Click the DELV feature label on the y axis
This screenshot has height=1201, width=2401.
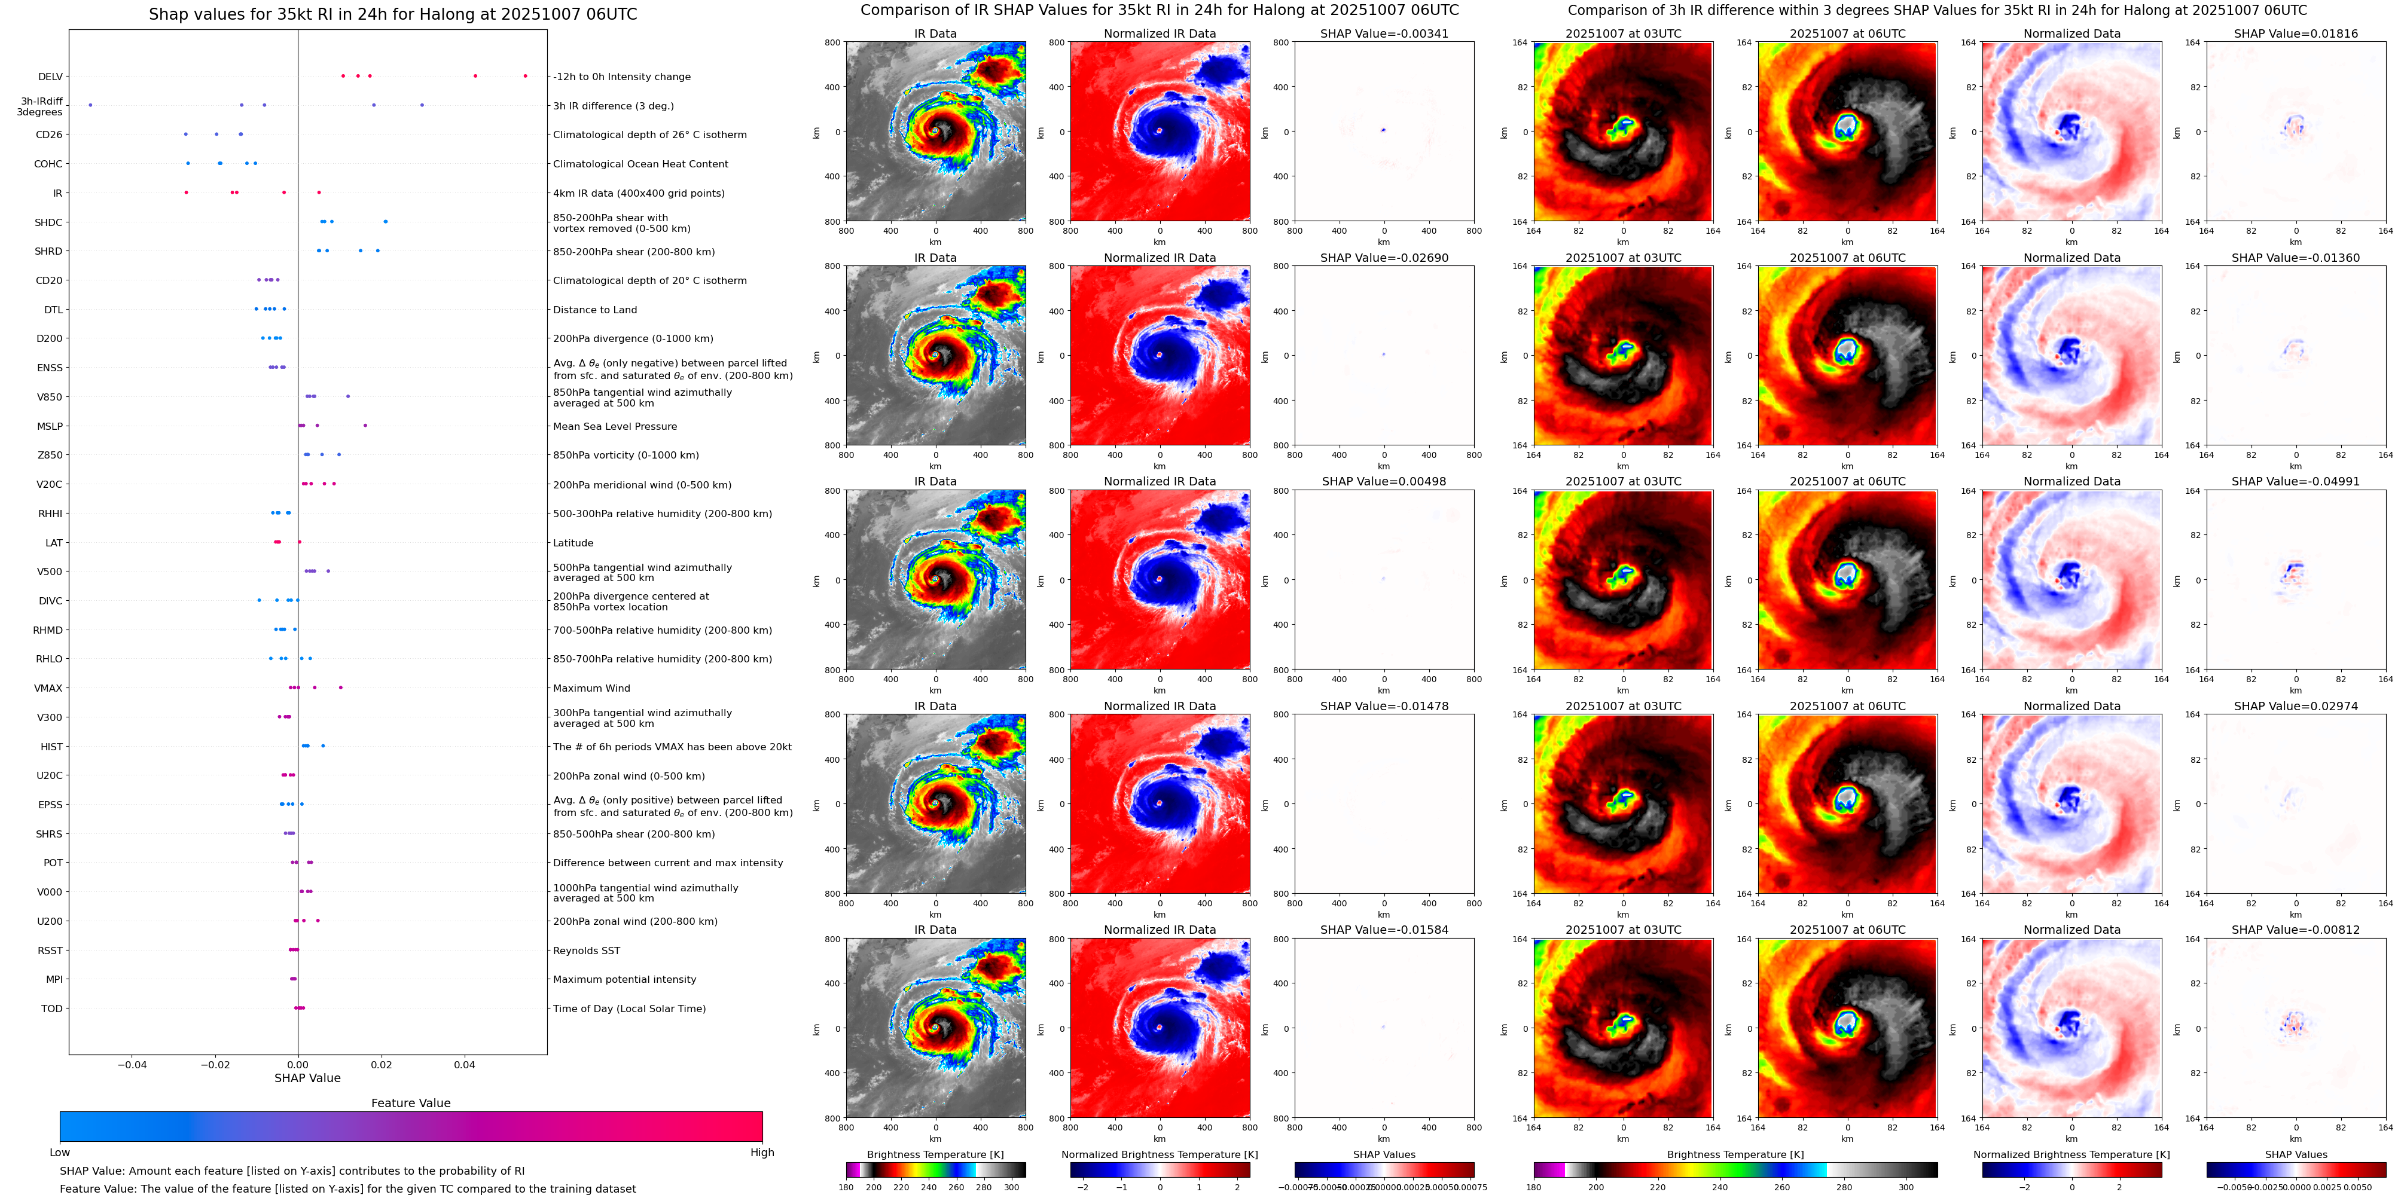coord(50,77)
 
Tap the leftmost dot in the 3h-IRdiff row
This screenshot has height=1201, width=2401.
coord(90,105)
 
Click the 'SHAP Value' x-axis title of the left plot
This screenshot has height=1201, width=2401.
coord(307,1078)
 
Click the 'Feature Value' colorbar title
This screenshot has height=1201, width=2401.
coord(410,1103)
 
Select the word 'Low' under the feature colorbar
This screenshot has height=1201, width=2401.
coord(60,1153)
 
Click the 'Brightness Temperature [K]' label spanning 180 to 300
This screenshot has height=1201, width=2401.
coord(935,1154)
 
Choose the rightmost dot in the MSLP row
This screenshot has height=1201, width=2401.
coord(364,426)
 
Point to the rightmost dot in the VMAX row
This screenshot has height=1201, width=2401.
coord(340,687)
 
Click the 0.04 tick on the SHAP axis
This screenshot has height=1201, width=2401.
coord(464,1065)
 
